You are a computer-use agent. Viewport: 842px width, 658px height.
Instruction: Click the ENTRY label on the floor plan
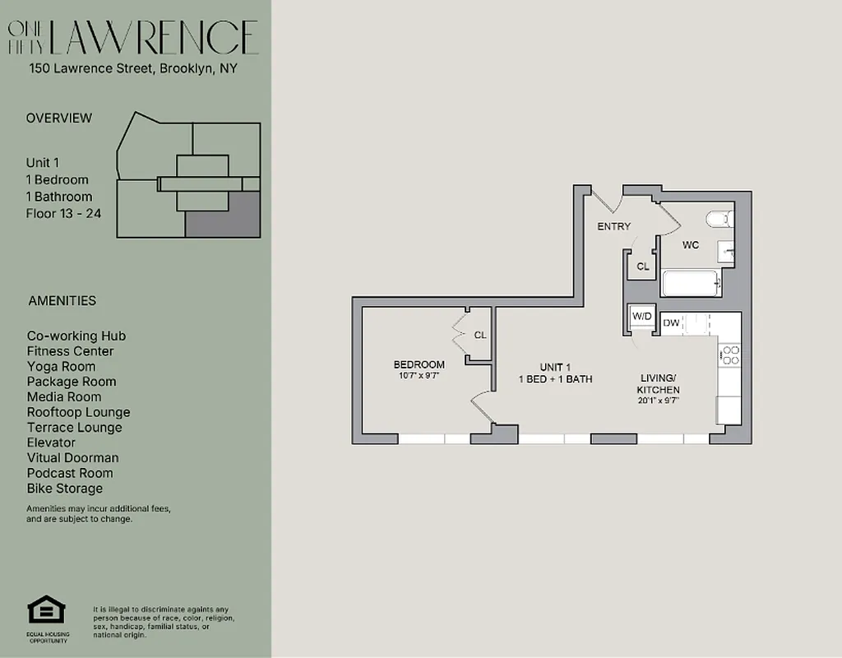coord(613,226)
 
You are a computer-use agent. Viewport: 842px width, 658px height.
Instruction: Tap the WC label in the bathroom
coord(690,245)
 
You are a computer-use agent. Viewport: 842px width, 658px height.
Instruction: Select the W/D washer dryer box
coord(641,317)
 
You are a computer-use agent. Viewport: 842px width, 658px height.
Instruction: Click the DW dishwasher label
coord(671,323)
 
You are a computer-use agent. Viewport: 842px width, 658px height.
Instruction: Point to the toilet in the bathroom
coord(719,220)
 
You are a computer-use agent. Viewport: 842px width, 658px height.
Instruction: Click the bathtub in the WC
coord(692,284)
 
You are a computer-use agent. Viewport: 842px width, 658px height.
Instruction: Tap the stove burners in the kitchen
coord(729,354)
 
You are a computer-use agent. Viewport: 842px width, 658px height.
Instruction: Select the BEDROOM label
coord(419,364)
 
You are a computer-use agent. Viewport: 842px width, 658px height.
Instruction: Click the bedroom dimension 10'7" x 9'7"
coord(419,376)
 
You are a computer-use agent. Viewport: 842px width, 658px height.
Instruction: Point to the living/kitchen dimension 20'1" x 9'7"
coord(659,401)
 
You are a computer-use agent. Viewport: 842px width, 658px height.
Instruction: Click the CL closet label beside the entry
coord(642,266)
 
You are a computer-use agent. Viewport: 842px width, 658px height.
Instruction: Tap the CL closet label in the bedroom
coord(479,335)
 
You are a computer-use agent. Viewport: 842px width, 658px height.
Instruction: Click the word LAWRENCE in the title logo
coord(155,38)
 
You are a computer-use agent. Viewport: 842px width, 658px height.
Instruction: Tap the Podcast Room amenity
coord(70,473)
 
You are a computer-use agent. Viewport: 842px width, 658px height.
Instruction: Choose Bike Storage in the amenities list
coord(65,489)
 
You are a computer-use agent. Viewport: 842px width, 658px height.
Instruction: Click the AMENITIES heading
coord(62,301)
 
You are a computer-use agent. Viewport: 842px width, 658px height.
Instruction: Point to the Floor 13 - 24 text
coord(63,214)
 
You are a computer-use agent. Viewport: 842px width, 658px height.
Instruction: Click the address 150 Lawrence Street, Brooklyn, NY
coord(133,69)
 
